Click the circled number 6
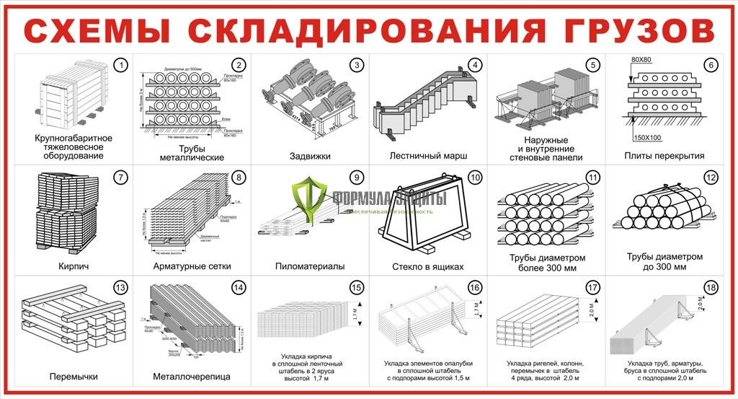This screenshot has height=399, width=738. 711,66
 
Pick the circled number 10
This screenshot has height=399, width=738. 474,177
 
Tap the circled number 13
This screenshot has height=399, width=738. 121,289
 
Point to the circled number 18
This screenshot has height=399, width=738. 711,289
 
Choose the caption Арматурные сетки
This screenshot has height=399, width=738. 191,266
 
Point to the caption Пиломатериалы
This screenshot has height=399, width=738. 310,266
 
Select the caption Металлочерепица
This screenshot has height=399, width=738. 191,377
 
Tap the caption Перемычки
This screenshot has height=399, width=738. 74,377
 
